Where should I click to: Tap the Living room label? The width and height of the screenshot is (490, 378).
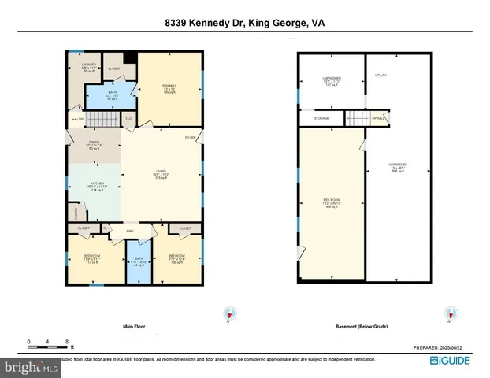tap(161, 176)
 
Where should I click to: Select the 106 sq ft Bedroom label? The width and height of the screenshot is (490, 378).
tap(176, 258)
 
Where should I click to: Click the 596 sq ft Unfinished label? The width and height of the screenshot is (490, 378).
tap(396, 169)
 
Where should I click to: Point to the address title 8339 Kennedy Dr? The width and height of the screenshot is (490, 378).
tap(244, 24)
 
